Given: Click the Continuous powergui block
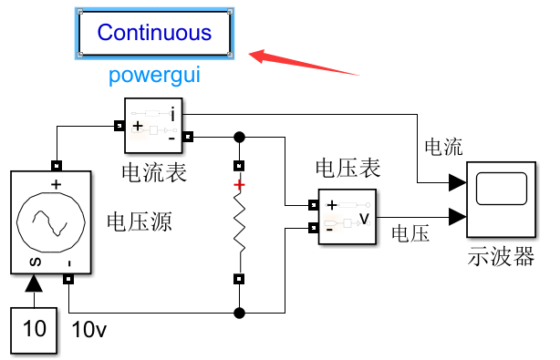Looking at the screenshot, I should [x=154, y=33].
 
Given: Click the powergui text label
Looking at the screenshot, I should [x=154, y=74].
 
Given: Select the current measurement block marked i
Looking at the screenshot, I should [x=153, y=126].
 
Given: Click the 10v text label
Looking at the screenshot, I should [x=89, y=329].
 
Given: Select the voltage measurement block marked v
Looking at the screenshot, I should [x=347, y=217].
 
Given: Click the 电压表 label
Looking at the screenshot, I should [x=347, y=169].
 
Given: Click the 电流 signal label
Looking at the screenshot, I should [x=443, y=147].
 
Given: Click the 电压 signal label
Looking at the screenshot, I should [x=410, y=234].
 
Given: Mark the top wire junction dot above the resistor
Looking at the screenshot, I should [x=240, y=138].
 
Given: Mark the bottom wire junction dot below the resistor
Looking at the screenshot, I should [x=240, y=314].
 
